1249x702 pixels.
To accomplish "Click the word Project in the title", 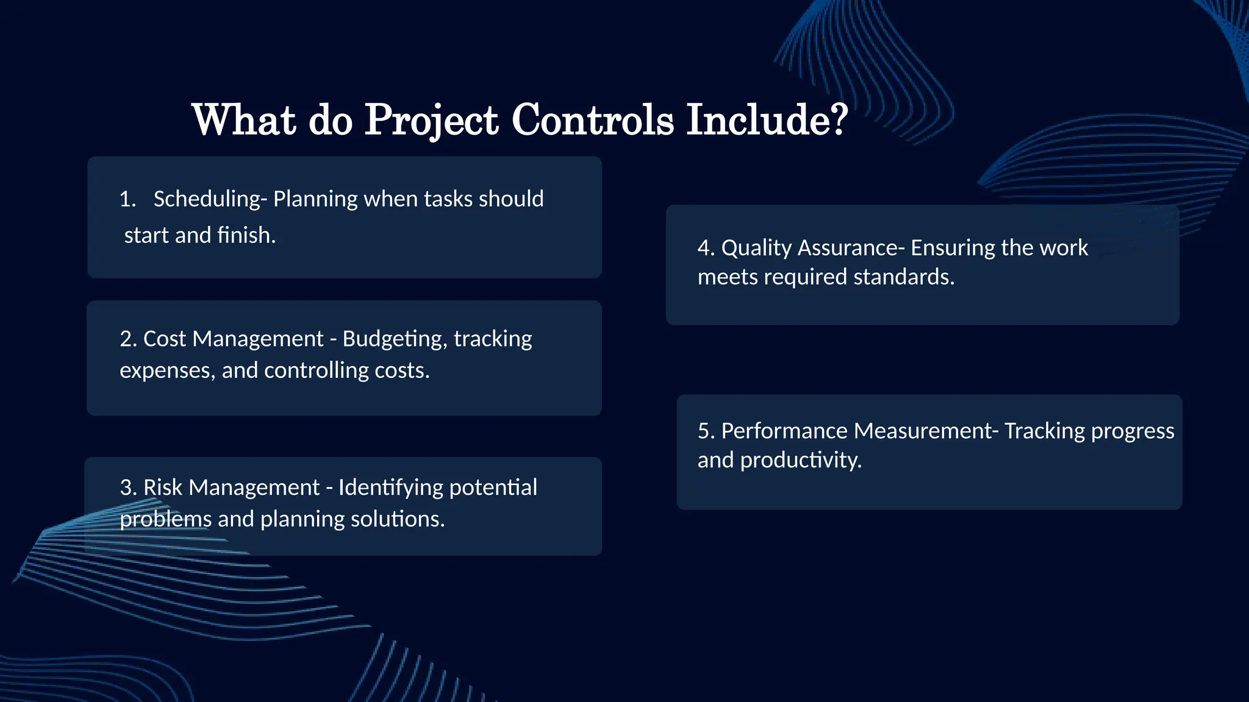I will pos(431,120).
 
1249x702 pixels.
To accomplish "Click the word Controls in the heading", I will pos(592,120).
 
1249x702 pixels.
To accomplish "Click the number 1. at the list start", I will pos(127,199).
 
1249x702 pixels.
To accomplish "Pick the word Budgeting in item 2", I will pos(394,339).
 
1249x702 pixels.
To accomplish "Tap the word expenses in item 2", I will pos(167,370).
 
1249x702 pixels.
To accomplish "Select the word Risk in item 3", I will pos(162,487).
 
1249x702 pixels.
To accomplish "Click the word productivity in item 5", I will pos(801,461).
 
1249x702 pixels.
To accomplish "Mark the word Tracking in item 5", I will pos(1045,431).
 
